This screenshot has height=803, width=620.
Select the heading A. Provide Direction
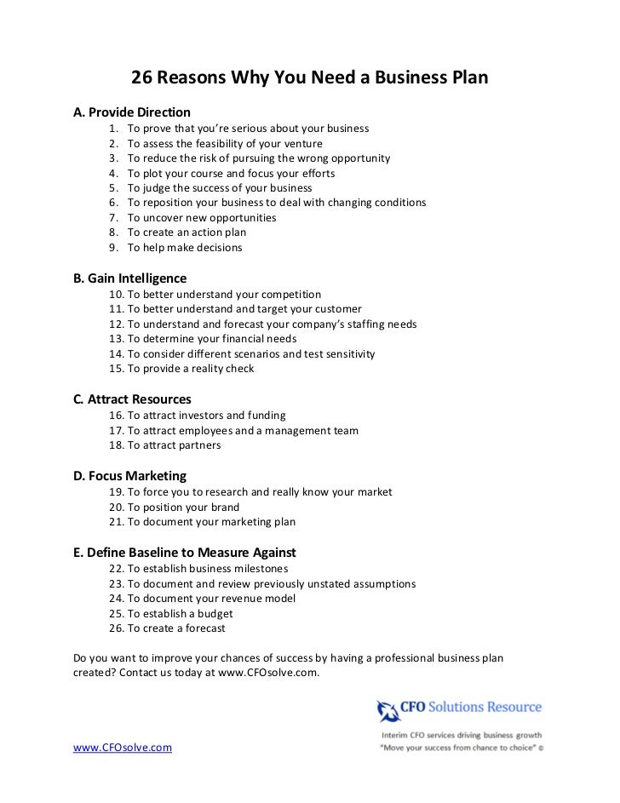coord(132,112)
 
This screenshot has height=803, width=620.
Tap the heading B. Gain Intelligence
coord(130,278)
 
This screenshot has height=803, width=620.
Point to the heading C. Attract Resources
coord(133,399)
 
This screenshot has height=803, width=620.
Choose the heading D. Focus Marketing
coord(130,476)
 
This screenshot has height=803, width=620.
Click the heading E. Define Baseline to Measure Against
coord(185,553)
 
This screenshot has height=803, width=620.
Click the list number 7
coord(114,218)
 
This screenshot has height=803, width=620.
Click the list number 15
coord(118,369)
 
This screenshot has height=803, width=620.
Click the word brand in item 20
coord(223,508)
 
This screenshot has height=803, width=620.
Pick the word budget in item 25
coord(214,613)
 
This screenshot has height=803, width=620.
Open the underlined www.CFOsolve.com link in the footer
coord(123,748)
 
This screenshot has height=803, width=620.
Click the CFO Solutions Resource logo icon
coord(388,709)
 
